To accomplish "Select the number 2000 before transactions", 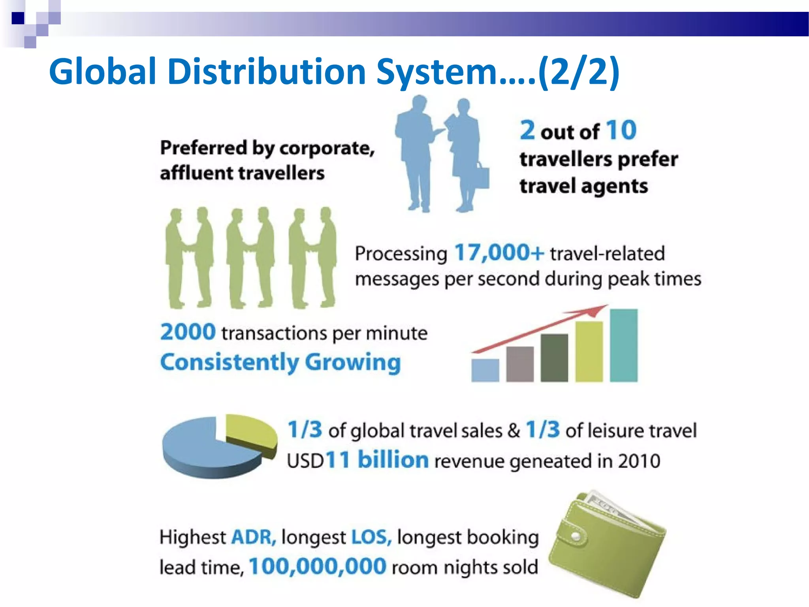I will pyautogui.click(x=188, y=332).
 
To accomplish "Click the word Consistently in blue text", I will pyautogui.click(x=230, y=362).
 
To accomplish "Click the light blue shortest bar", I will pyautogui.click(x=485, y=370).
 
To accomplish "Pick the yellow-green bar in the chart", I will pyautogui.click(x=589, y=351).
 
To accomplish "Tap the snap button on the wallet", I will pyautogui.click(x=576, y=536).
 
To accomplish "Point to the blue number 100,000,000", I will pyautogui.click(x=318, y=566).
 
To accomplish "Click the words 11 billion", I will pyautogui.click(x=377, y=460).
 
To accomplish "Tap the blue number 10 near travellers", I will pyautogui.click(x=621, y=130).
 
